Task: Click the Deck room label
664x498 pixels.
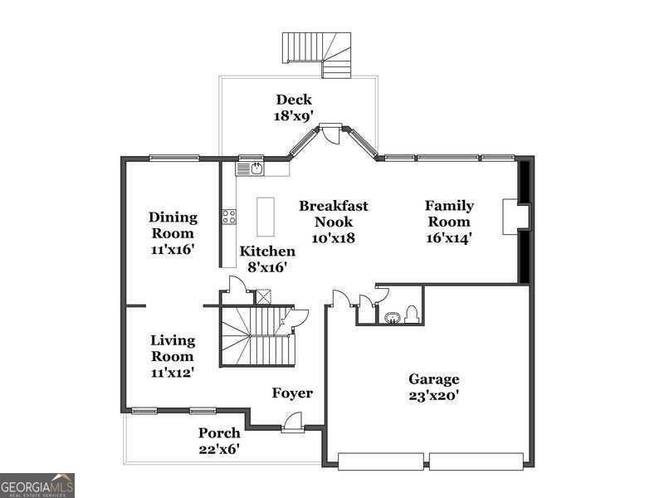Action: click(294, 100)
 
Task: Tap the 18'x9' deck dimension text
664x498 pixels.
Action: click(294, 116)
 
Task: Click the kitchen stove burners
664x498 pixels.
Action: click(228, 217)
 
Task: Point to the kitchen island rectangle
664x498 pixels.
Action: click(265, 217)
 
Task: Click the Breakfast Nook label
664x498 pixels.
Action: click(334, 213)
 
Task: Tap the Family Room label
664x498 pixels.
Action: click(449, 213)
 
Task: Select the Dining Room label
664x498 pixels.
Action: click(173, 225)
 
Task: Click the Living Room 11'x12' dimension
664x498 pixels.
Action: click(173, 373)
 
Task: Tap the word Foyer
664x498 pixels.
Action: click(292, 393)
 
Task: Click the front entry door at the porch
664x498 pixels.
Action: click(292, 424)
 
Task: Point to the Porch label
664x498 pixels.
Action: click(219, 432)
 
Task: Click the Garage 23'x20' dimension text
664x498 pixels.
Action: click(433, 395)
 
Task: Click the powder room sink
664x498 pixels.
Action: click(391, 316)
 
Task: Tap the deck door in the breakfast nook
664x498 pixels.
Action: click(331, 133)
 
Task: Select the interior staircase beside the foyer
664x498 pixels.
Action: click(249, 335)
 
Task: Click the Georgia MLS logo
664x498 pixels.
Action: click(37, 485)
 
